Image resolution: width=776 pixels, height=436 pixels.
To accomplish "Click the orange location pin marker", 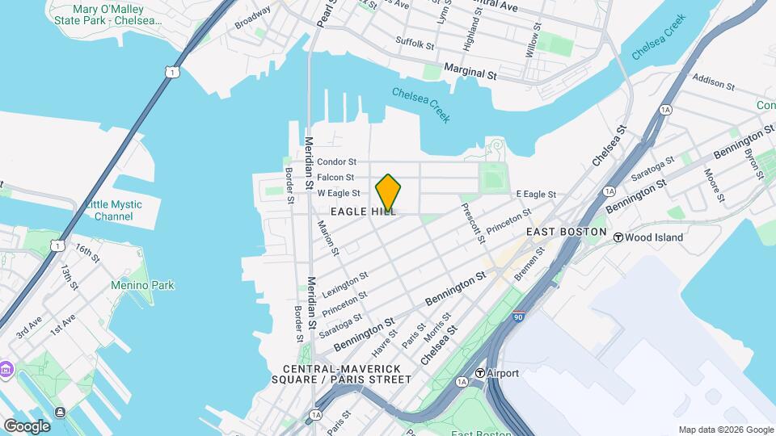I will (388, 192).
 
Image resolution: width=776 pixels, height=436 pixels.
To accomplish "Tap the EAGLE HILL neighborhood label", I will (363, 212).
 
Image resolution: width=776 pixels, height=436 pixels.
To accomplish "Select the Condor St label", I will (336, 161).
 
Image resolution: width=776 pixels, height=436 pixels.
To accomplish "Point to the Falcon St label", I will (335, 178).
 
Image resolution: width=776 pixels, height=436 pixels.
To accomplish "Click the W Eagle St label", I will (339, 194).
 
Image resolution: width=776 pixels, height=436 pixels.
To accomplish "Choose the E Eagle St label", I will (536, 195).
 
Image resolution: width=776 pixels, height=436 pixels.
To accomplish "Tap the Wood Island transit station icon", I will (618, 237).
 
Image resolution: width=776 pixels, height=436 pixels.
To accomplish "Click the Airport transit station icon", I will (479, 373).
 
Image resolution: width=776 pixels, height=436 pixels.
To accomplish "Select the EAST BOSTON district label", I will (566, 232).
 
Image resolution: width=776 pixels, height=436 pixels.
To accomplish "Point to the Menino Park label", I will (142, 285).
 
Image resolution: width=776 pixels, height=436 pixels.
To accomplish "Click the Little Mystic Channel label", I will (113, 210).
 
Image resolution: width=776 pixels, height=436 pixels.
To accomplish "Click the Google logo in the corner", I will (27, 426).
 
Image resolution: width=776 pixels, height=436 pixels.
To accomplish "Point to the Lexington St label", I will (345, 283).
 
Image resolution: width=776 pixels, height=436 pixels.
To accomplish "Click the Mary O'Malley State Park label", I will (108, 15).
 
